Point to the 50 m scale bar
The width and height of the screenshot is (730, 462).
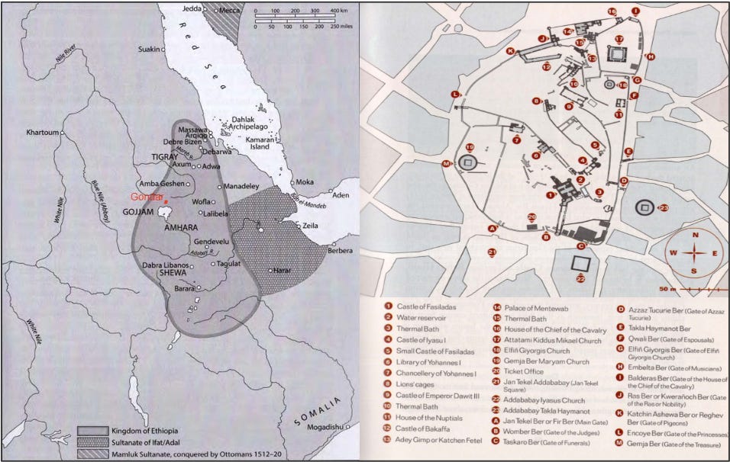point(691,290)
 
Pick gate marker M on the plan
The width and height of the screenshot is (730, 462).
point(445,162)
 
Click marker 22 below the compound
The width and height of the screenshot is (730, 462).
point(580,279)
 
